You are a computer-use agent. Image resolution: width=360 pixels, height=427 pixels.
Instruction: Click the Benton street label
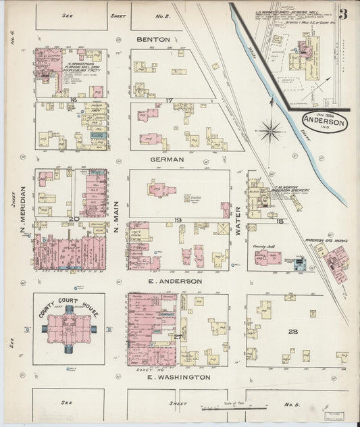pos(153,39)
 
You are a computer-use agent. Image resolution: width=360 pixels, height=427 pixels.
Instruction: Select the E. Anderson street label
pos(176,280)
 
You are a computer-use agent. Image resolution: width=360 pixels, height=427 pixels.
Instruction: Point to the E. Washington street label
pos(179,377)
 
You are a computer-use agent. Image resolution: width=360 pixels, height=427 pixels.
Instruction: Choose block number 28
pos(292,331)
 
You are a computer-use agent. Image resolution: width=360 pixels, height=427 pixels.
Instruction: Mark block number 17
pos(170,101)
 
